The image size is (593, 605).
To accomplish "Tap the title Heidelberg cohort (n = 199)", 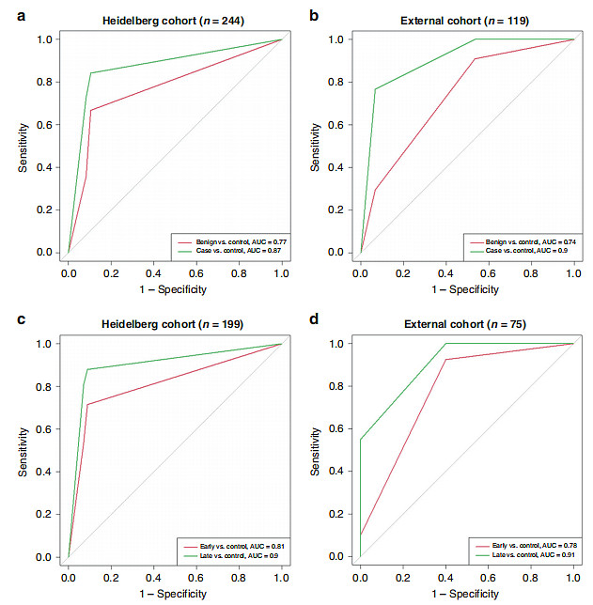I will point(175,325).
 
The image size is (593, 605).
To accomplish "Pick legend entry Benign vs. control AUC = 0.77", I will point(229,240).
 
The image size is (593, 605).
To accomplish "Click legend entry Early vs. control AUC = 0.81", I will point(229,545).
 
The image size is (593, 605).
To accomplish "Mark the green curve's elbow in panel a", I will point(91,73).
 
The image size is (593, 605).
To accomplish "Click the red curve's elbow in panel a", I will point(91,110).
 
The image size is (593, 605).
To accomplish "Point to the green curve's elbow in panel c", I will point(86,369).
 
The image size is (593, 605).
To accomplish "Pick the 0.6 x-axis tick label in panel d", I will point(488,572).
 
